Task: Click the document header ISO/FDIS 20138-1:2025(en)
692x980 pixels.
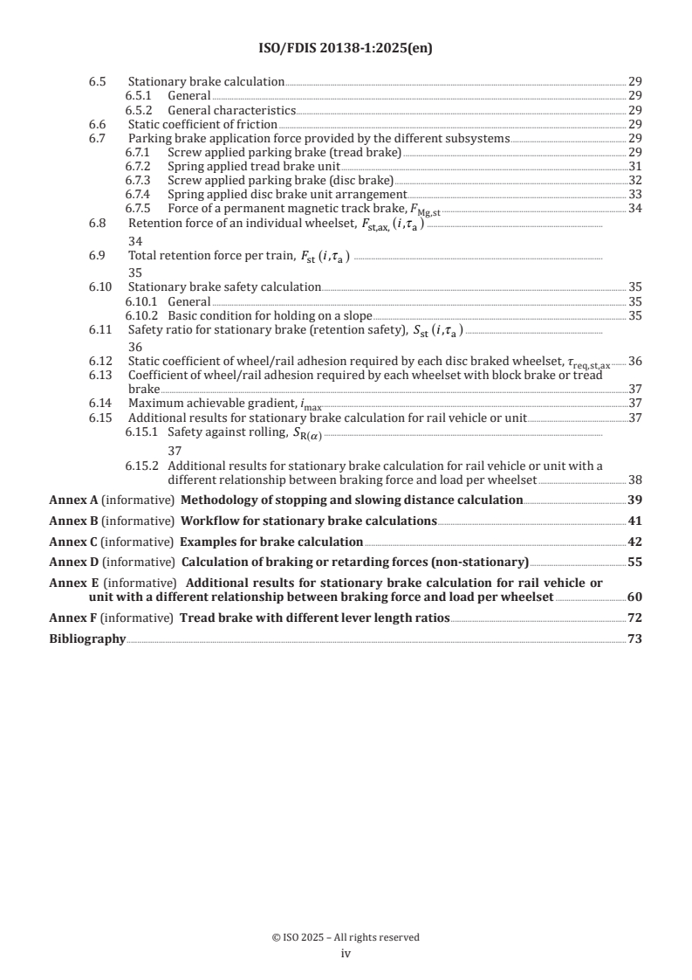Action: [x=346, y=49]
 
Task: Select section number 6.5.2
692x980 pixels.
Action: [x=137, y=111]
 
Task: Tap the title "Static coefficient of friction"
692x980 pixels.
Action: [x=191, y=125]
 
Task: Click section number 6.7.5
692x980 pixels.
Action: [x=137, y=208]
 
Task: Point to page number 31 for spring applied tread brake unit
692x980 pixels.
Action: [x=635, y=166]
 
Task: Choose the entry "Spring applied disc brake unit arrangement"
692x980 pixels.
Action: [x=287, y=194]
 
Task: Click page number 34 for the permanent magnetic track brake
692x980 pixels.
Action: [x=635, y=208]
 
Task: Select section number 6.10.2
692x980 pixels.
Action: [x=140, y=315]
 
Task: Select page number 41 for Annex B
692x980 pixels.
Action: [x=635, y=521]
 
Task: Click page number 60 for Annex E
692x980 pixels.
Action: [x=635, y=597]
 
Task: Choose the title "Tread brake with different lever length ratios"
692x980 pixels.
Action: [x=314, y=618]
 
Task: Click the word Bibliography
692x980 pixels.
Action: [x=87, y=639]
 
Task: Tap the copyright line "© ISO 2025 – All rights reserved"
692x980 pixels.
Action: [x=346, y=937]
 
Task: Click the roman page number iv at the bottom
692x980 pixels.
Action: [x=346, y=955]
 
